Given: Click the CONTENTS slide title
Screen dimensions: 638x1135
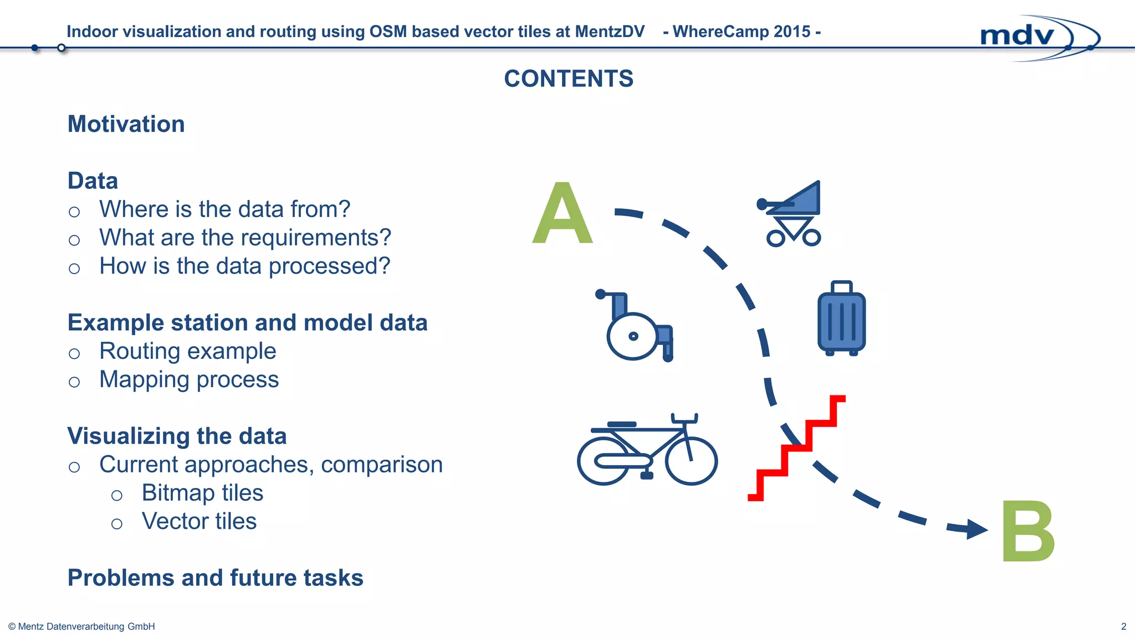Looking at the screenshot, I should click(x=569, y=79).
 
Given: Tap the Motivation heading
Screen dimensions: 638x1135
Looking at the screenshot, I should click(x=126, y=124).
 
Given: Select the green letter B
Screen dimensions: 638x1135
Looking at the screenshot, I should click(x=1028, y=532).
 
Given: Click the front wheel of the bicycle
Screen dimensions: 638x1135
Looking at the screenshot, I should click(x=691, y=461).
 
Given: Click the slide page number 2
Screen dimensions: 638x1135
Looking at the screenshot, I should click(x=1123, y=626).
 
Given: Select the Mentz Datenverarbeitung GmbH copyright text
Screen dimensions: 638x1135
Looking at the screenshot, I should click(x=81, y=626).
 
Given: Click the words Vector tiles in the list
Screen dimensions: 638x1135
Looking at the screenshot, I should click(x=199, y=521).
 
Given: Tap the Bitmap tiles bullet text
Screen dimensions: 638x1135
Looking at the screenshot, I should click(x=202, y=493).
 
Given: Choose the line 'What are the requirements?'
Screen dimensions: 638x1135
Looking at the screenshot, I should click(x=245, y=238).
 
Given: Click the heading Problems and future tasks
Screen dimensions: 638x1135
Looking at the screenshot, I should click(x=215, y=578).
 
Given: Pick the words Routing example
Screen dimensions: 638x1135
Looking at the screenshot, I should click(x=187, y=351).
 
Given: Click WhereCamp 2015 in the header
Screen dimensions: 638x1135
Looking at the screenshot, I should click(x=742, y=32).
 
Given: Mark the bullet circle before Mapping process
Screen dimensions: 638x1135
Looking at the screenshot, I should click(x=74, y=382).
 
